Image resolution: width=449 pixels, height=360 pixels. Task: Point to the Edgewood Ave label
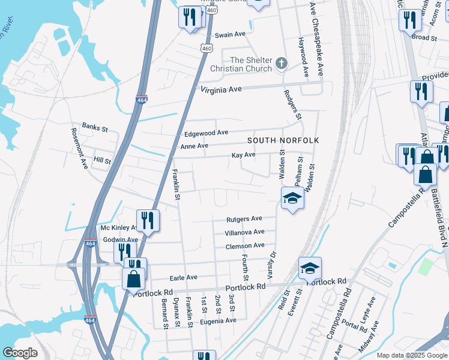(206, 133)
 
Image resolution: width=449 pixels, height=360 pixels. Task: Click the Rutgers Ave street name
(244, 219)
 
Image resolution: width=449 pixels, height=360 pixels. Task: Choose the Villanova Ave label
(244, 232)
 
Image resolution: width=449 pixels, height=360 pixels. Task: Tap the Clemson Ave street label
(245, 246)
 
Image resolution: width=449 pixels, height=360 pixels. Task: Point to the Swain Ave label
(231, 35)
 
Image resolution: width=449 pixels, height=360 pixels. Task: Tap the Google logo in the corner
(19, 352)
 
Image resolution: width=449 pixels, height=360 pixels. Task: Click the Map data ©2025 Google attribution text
(412, 355)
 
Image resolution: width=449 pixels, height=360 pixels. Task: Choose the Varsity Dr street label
(270, 264)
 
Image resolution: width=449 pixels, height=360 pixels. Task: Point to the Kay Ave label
(244, 155)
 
